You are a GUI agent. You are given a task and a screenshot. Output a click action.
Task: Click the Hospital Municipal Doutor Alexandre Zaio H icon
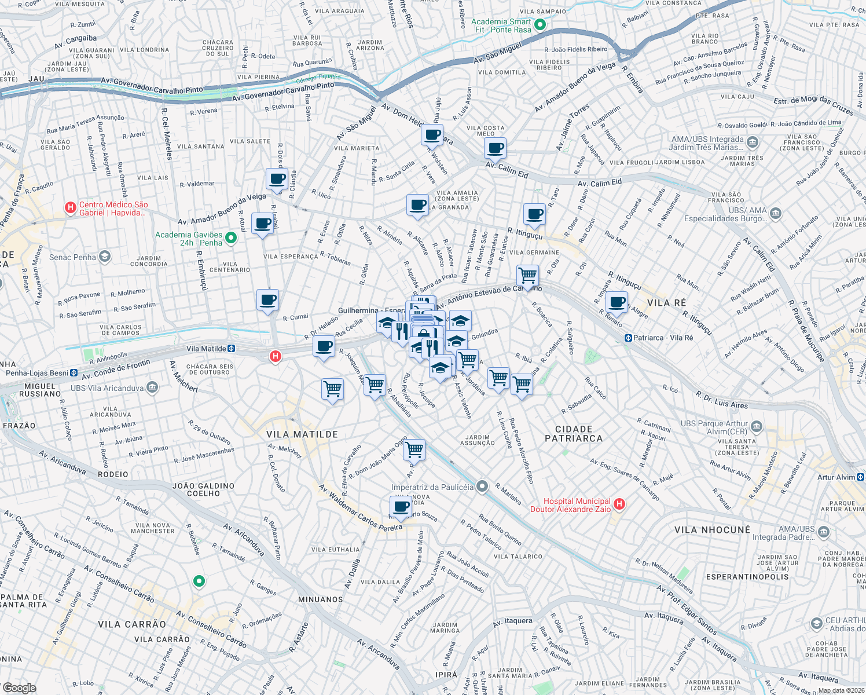pyautogui.click(x=619, y=504)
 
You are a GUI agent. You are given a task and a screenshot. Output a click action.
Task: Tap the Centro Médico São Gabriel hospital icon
pyautogui.click(x=71, y=208)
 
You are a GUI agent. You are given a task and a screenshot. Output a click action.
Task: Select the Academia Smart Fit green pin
pyautogui.click(x=540, y=24)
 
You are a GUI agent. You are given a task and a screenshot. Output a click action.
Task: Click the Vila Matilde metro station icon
pyautogui.click(x=232, y=349)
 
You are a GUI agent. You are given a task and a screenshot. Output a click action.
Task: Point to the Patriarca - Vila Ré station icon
pyautogui.click(x=628, y=338)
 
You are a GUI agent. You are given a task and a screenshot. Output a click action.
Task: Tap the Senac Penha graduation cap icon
pyautogui.click(x=105, y=257)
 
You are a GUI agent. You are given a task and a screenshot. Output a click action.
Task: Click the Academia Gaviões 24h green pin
pyautogui.click(x=231, y=238)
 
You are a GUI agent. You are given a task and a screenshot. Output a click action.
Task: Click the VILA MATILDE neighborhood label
pyautogui.click(x=302, y=434)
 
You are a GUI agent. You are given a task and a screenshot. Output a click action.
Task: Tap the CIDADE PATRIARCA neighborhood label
pyautogui.click(x=574, y=434)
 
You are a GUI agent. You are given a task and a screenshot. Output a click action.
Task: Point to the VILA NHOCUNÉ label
pyautogui.click(x=712, y=530)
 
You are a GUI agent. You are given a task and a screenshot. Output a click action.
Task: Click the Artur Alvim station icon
pyautogui.click(x=860, y=477)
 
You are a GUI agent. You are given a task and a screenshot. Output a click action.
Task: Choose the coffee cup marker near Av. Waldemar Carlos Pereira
pyautogui.click(x=401, y=507)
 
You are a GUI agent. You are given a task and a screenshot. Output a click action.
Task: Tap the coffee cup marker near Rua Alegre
pyautogui.click(x=618, y=302)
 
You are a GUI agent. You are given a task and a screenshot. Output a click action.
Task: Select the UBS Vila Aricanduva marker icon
pyautogui.click(x=152, y=387)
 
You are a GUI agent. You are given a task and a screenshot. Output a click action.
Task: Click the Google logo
pyautogui.click(x=19, y=688)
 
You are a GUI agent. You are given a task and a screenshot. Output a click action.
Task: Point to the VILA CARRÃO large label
pyautogui.click(x=132, y=624)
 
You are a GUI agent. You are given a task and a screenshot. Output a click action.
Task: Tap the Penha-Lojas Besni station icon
pyautogui.click(x=74, y=373)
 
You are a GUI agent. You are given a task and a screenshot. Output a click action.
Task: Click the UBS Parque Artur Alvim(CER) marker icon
pyautogui.click(x=756, y=427)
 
